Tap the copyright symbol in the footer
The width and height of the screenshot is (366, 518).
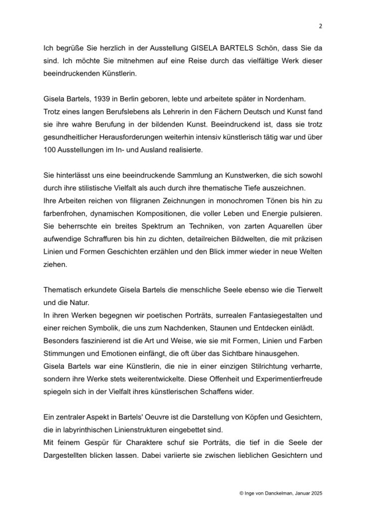click(x=228, y=492)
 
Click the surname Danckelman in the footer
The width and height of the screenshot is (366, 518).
click(x=275, y=492)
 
